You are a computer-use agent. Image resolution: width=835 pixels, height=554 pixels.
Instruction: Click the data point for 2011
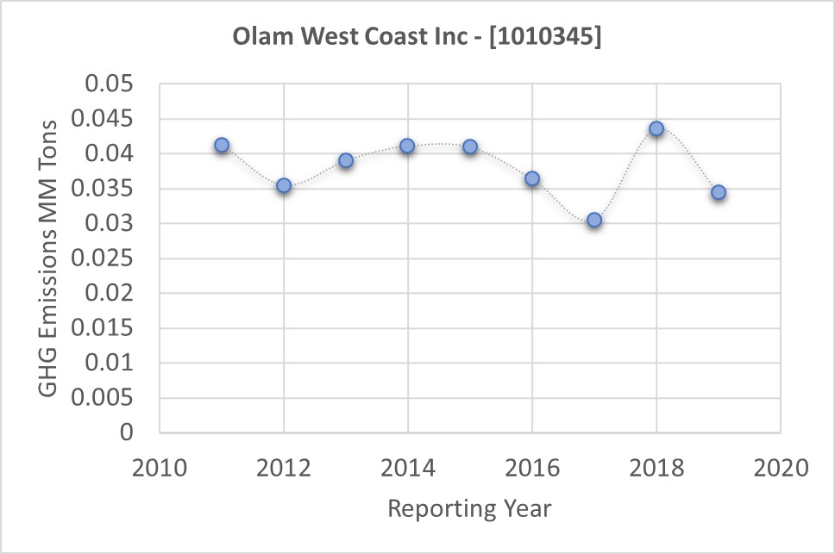point(222,145)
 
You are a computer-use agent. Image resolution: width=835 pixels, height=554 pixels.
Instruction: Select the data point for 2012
point(284,185)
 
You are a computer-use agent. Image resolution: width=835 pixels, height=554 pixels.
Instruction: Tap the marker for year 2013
point(346,160)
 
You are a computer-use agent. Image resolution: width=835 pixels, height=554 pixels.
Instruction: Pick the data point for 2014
point(408,146)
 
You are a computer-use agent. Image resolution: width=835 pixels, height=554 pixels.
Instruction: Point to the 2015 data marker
point(470,146)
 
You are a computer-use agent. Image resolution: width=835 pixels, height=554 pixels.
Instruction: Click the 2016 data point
point(532,178)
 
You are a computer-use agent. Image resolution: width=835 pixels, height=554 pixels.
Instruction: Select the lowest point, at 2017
point(594,220)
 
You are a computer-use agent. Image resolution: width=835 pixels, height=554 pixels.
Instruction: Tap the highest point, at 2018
point(656,128)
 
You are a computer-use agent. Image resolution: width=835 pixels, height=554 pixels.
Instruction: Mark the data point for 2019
point(719,192)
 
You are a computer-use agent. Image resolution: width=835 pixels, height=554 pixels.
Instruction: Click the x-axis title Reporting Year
point(469,508)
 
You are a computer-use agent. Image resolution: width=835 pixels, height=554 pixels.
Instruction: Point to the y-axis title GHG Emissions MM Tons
point(49,258)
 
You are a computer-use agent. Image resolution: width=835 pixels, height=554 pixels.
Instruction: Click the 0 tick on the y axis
point(127,433)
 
